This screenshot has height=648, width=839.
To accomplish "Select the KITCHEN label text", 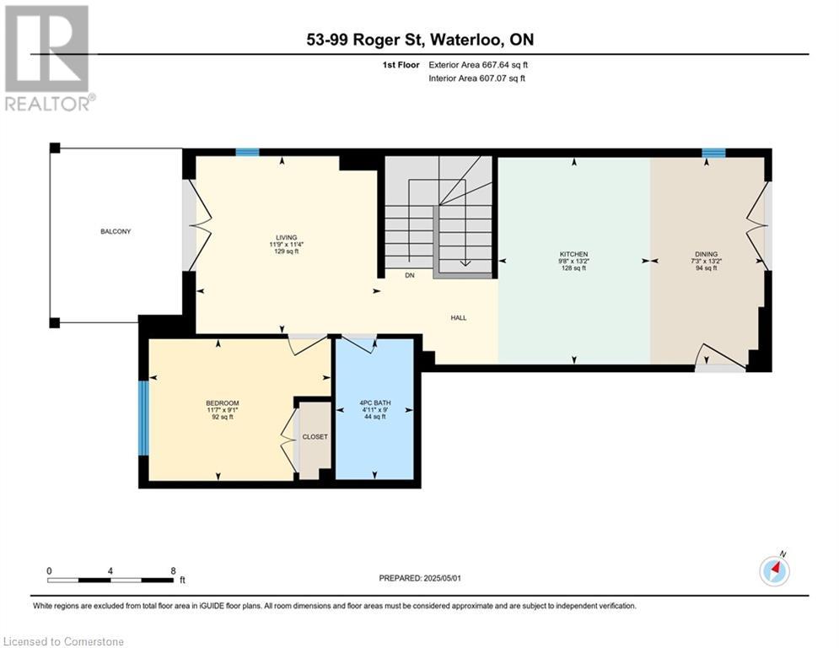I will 574,254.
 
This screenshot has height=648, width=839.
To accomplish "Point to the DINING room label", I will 706,254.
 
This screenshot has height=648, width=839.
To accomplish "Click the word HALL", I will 458,318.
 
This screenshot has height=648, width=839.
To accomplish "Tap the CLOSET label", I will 315,436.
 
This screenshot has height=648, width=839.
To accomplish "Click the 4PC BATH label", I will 374,402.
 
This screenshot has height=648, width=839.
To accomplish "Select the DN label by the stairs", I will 410,275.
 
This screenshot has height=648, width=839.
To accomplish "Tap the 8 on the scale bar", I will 173,570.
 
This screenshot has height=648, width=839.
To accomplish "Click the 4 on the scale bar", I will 110,570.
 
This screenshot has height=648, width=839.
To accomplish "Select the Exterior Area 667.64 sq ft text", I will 478,64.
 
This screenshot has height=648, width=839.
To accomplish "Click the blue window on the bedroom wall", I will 143,418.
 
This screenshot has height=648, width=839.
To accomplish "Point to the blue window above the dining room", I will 713,153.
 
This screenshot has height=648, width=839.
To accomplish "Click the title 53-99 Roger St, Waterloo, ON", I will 419,40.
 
